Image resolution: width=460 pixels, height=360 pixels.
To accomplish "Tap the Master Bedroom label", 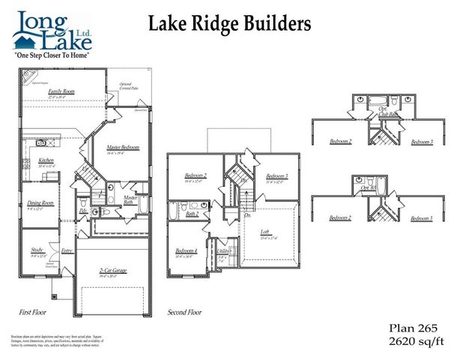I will [124, 147].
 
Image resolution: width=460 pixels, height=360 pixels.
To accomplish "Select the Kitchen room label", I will [46, 161].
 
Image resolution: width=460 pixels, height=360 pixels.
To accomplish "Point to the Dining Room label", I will [41, 202].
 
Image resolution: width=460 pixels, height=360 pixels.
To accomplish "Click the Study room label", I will [37, 251].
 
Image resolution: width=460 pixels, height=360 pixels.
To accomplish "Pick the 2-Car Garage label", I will [112, 271].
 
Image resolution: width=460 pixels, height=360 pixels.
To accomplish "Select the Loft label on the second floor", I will [264, 232].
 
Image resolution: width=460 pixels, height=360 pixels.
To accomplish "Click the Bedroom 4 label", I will [187, 250].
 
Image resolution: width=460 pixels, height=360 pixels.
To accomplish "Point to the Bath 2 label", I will [193, 214].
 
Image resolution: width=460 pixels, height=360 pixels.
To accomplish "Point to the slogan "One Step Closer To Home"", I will [52, 56].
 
